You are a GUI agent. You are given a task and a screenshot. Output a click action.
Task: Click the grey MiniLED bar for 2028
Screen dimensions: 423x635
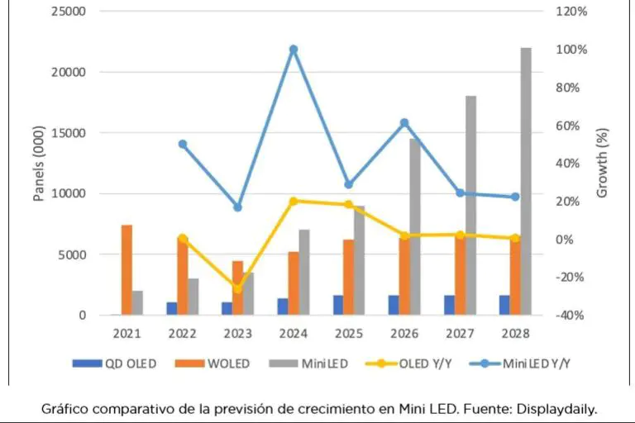(x=526, y=182)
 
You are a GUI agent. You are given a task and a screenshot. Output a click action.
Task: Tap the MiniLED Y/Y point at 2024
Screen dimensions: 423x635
(x=294, y=50)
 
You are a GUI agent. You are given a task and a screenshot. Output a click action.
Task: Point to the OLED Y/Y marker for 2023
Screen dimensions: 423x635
(x=238, y=288)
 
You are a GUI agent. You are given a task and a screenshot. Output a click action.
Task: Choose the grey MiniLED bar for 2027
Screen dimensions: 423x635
(x=470, y=206)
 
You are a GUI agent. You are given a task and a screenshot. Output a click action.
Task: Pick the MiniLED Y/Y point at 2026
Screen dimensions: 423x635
(x=404, y=123)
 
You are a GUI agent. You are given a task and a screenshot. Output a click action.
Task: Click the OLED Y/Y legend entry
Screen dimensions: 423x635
(x=408, y=363)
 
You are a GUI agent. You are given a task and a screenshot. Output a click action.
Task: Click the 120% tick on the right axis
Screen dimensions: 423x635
(x=571, y=12)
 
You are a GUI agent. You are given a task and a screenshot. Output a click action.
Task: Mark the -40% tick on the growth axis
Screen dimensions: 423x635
(x=571, y=316)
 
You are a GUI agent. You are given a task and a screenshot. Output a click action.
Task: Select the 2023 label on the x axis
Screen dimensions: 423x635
(x=238, y=334)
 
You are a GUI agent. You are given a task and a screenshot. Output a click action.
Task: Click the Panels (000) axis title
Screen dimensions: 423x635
(x=37, y=164)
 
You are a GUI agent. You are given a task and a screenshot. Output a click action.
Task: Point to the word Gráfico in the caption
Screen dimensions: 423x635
(x=64, y=408)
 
